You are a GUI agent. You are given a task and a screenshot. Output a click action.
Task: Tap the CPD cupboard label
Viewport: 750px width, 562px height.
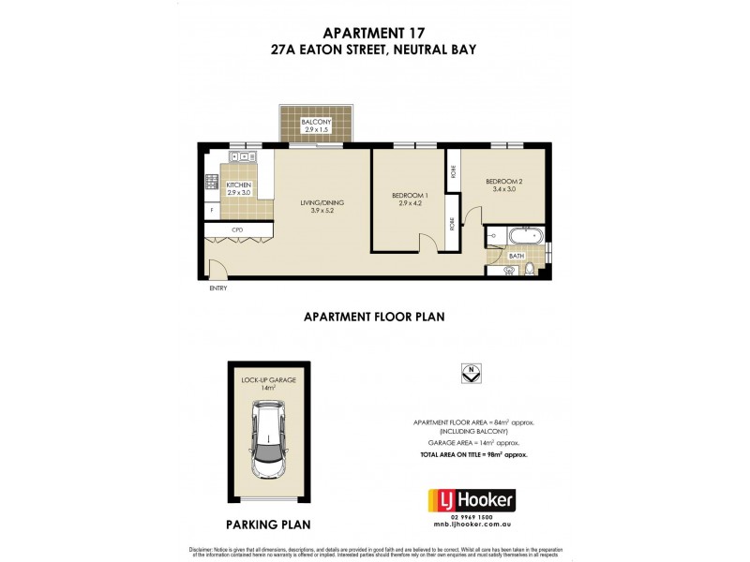(x=238, y=229)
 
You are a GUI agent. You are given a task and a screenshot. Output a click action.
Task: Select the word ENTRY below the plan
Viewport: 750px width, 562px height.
(x=218, y=288)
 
